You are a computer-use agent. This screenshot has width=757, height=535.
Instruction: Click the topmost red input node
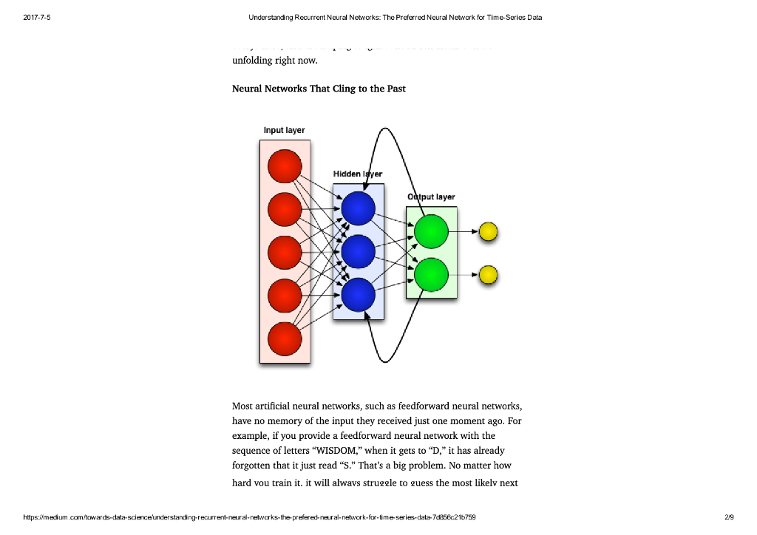click(x=285, y=166)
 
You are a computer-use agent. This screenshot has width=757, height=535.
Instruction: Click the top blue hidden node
click(x=359, y=209)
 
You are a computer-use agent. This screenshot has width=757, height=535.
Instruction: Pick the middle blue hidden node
click(x=359, y=252)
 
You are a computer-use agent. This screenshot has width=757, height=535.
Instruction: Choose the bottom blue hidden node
click(x=359, y=295)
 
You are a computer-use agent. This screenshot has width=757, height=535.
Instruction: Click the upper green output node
click(x=431, y=232)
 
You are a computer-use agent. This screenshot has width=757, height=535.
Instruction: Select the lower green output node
click(x=431, y=275)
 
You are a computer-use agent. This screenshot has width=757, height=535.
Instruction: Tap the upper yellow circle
click(x=488, y=232)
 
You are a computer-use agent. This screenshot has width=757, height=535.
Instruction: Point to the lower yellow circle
click(x=488, y=275)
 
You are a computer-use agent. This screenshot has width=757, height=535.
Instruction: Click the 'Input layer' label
click(x=284, y=130)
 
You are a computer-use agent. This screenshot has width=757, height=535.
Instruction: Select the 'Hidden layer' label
click(x=358, y=174)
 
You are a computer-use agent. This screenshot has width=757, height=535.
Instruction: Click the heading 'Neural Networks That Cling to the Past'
click(x=319, y=89)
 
